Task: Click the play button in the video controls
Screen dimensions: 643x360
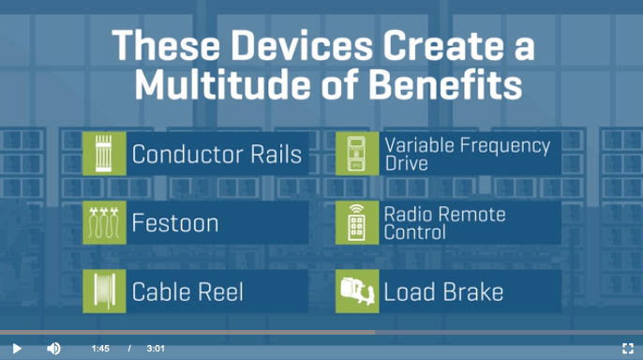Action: coord(17,349)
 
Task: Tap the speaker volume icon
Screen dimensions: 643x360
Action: coord(53,349)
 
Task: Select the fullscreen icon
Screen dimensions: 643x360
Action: coord(628,349)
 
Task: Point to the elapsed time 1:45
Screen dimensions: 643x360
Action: coord(100,349)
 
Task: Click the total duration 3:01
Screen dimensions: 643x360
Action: coord(156,349)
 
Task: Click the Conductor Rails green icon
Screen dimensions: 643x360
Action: coord(104,154)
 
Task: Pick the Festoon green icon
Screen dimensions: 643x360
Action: coord(104,222)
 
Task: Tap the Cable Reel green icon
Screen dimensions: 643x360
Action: coord(104,292)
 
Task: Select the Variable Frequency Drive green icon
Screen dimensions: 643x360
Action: coord(357,154)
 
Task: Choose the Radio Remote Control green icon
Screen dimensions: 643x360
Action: coord(357,222)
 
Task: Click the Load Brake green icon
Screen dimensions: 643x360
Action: coord(357,292)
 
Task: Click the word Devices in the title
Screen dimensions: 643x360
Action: coord(302,46)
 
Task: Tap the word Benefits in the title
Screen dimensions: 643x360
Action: coord(445,85)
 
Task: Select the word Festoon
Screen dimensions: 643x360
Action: coord(175,223)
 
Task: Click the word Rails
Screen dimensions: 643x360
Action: coord(276,154)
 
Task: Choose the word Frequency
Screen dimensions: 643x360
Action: coord(505,146)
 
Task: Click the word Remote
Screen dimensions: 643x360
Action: coord(475,215)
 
